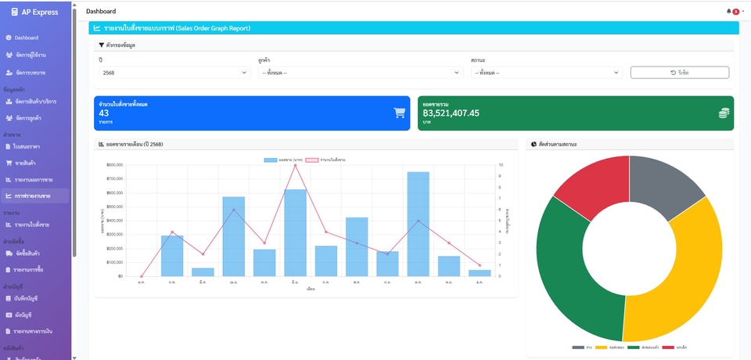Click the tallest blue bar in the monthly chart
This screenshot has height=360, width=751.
pyautogui.click(x=418, y=224)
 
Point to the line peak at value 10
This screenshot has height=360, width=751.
pyautogui.click(x=295, y=165)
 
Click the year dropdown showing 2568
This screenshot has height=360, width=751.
pyautogui.click(x=174, y=73)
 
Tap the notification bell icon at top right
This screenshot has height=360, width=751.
pyautogui.click(x=729, y=11)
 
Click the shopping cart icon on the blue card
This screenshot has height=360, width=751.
pyautogui.click(x=400, y=113)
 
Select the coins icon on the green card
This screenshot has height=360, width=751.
pyautogui.click(x=724, y=113)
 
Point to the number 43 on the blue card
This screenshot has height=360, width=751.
pyautogui.click(x=104, y=113)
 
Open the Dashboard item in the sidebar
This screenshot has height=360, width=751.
pyautogui.click(x=26, y=38)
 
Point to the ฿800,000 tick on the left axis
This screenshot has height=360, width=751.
pyautogui.click(x=113, y=165)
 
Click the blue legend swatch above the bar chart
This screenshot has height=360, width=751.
pyautogui.click(x=271, y=160)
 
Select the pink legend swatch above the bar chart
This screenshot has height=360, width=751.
pyautogui.click(x=312, y=160)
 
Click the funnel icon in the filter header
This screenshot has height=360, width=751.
pyautogui.click(x=102, y=45)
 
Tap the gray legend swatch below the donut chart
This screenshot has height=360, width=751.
pyautogui.click(x=578, y=347)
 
